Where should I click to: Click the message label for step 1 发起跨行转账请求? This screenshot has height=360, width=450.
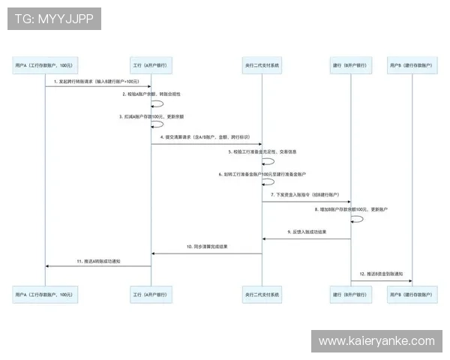click(97, 81)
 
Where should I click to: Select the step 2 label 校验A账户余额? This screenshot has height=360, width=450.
click(152, 94)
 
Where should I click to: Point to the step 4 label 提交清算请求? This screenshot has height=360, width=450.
click(205, 137)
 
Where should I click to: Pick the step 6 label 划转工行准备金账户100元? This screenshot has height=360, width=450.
click(262, 173)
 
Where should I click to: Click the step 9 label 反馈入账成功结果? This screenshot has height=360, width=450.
click(307, 232)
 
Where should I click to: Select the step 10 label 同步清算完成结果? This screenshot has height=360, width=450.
click(208, 247)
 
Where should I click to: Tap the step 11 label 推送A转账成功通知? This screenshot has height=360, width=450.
click(99, 260)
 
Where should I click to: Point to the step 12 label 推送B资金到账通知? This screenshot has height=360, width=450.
click(381, 274)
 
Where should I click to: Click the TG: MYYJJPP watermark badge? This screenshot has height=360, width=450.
click(54, 19)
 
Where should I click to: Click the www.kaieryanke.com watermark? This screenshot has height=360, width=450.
click(376, 341)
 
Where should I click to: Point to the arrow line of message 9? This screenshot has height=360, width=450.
click(307, 238)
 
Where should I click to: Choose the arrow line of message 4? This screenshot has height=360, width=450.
click(206, 144)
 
